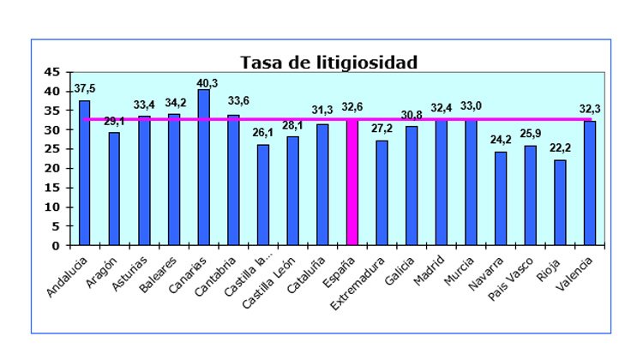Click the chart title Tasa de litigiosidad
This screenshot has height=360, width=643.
pos(328,63)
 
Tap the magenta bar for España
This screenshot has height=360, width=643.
pos(352,183)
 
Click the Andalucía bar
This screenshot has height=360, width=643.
pos(84,172)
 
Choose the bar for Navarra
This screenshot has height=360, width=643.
pos(501,198)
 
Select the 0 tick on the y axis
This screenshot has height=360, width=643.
pos(57,245)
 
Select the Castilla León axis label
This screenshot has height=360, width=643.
pos(272,280)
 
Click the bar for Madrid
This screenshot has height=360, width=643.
pos(441,183)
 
